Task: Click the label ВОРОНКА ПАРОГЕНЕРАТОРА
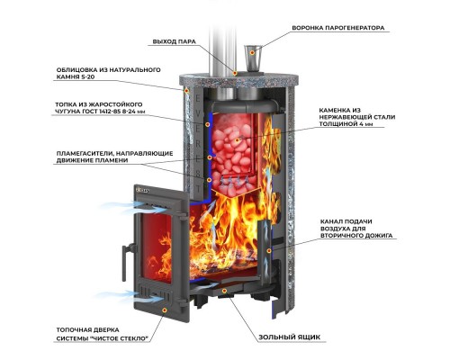(x=338, y=28)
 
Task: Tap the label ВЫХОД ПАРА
(x=175, y=41)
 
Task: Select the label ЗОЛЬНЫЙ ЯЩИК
(x=290, y=337)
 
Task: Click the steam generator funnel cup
(x=252, y=58)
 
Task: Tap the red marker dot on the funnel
(x=252, y=52)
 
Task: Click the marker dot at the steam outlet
(x=235, y=73)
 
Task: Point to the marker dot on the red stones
(x=237, y=139)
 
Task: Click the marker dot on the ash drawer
(x=224, y=291)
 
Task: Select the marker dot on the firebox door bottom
(x=164, y=310)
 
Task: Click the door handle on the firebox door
(x=125, y=258)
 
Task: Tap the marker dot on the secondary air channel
(x=269, y=250)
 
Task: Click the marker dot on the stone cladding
(x=186, y=91)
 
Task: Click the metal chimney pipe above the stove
(x=222, y=51)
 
